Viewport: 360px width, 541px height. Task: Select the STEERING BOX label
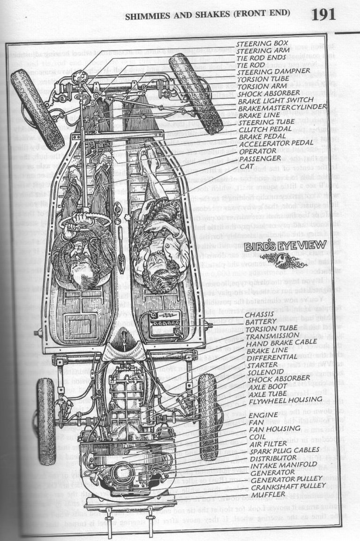[x=259, y=44]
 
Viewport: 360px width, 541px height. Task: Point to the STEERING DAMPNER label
[x=274, y=71]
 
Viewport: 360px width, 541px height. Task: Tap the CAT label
[x=247, y=166]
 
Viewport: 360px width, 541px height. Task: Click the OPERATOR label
[x=257, y=151]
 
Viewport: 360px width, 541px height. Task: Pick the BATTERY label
[x=259, y=321]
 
